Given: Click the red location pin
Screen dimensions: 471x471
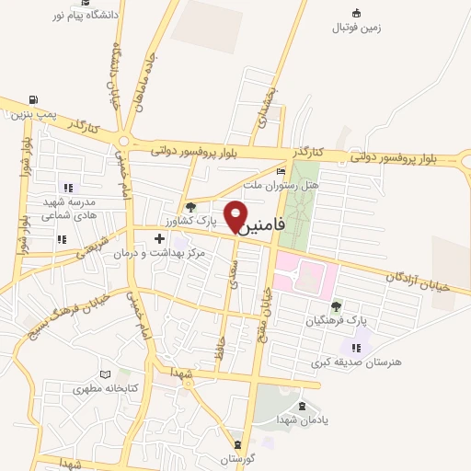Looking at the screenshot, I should click(x=237, y=213).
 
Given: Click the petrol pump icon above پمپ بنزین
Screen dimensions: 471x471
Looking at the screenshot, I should click(x=34, y=99).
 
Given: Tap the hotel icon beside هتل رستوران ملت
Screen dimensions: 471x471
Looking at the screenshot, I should click(x=281, y=171).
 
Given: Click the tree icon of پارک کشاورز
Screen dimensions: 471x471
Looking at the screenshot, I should click(x=190, y=207).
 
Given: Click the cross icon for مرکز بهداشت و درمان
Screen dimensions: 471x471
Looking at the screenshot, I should click(x=159, y=238).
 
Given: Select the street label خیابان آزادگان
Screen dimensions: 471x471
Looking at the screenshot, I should click(x=418, y=281).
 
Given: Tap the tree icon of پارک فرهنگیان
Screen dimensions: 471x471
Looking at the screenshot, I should click(x=336, y=305).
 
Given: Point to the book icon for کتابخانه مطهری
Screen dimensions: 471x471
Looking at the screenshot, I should click(x=108, y=373).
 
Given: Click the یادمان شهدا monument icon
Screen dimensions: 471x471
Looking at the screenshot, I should click(x=300, y=406).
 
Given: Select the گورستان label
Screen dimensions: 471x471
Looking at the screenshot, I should click(x=238, y=458).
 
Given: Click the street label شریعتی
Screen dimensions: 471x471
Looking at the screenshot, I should click(x=94, y=247).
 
